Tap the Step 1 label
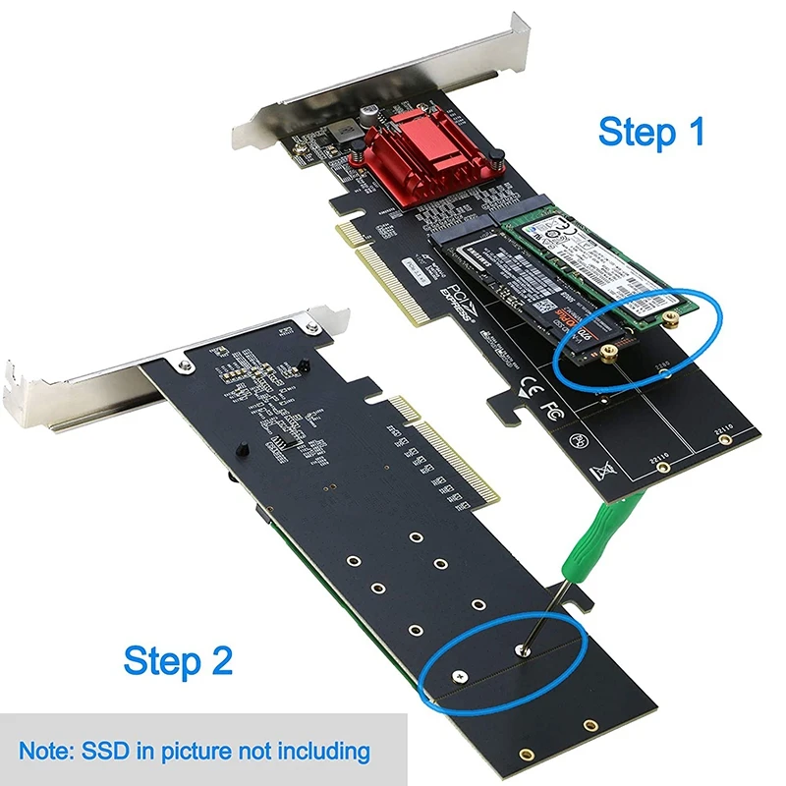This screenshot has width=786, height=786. coord(651,132)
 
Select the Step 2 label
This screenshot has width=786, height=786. coord(178,661)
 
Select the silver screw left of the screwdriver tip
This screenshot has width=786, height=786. coord(459,674)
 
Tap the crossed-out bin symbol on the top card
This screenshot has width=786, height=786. coord(599,473)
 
